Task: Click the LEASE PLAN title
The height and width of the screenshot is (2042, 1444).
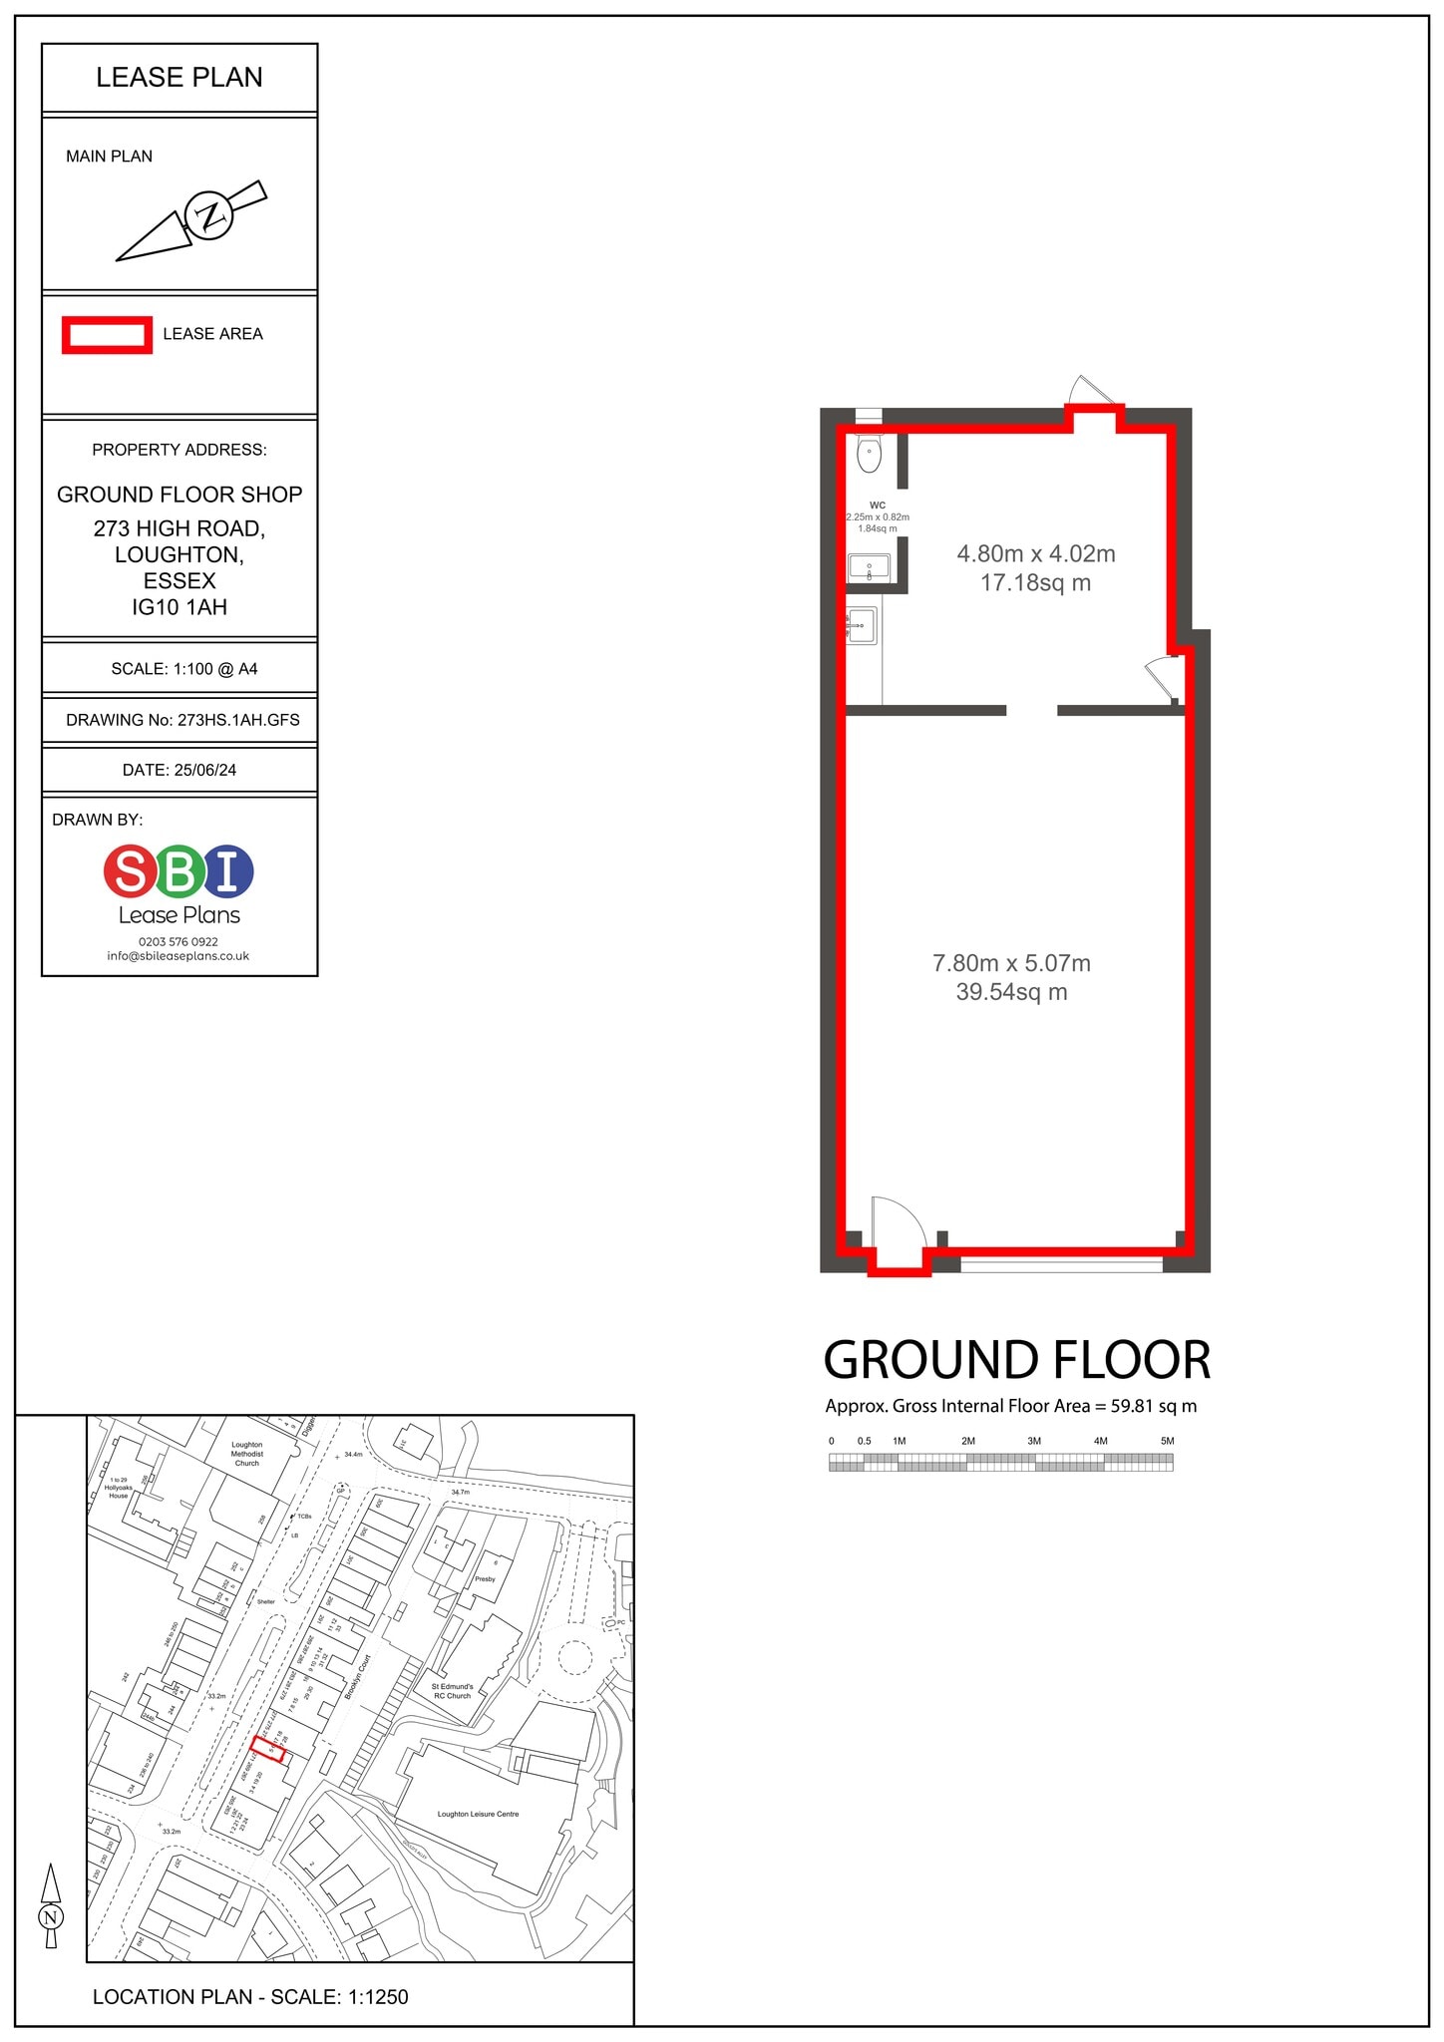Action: [180, 78]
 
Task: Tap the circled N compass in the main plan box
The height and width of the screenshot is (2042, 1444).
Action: [209, 215]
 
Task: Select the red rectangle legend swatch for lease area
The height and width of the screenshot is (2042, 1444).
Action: [107, 335]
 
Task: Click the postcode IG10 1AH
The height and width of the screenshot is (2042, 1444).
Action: [180, 607]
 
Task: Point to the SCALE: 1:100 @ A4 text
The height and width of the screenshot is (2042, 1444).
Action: [183, 669]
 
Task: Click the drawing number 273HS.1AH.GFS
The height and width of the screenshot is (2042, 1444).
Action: [237, 720]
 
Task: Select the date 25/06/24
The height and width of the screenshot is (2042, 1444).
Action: [207, 770]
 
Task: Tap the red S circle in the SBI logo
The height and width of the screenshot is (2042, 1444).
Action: [131, 870]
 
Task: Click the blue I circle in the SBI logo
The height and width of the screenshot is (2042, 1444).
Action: [228, 870]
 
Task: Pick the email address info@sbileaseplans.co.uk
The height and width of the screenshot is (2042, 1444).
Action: [179, 955]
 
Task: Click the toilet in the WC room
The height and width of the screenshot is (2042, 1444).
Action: [870, 454]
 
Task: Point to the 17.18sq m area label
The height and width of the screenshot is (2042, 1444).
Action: [1035, 583]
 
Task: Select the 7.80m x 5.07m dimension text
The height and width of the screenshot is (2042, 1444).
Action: [1011, 963]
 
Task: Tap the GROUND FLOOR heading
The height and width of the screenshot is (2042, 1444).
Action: [1017, 1360]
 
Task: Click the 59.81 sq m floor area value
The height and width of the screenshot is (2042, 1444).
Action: [1153, 1407]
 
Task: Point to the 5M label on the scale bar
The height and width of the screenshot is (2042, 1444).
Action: [1167, 1441]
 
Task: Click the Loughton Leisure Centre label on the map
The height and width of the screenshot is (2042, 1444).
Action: [478, 1814]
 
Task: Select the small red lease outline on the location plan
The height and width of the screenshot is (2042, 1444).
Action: [268, 1748]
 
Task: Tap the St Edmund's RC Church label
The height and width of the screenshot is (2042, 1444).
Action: [453, 1691]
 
